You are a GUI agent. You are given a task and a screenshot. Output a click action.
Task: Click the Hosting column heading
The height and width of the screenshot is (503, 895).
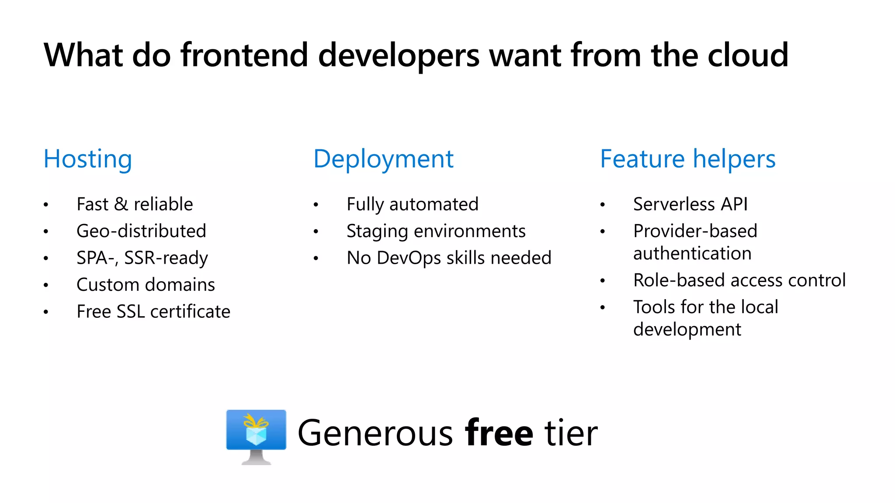(x=88, y=159)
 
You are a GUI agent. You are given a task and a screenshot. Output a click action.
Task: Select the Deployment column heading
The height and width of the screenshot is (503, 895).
(x=383, y=159)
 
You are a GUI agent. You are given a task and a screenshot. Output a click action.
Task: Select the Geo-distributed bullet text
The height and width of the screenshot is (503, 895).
(x=141, y=231)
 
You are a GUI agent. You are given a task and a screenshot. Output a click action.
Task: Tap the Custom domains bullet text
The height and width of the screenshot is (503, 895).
(x=146, y=285)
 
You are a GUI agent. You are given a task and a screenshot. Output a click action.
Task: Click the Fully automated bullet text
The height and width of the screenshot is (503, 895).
(x=412, y=204)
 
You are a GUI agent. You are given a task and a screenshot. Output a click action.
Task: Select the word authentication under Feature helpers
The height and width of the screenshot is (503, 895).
(x=692, y=253)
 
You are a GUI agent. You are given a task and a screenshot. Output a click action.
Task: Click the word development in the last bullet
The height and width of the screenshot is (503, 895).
(x=687, y=330)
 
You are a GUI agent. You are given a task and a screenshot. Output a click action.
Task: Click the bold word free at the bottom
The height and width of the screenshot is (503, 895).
(x=499, y=433)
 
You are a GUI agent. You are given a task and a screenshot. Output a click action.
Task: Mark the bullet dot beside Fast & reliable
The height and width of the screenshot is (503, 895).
(x=46, y=205)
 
